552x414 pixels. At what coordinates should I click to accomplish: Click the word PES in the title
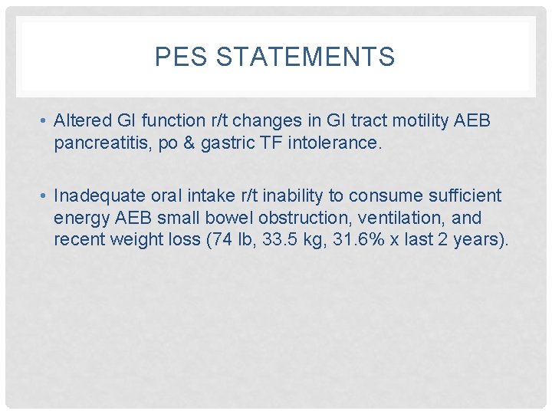tap(176, 58)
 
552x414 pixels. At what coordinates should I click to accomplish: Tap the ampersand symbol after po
tap(187, 143)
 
